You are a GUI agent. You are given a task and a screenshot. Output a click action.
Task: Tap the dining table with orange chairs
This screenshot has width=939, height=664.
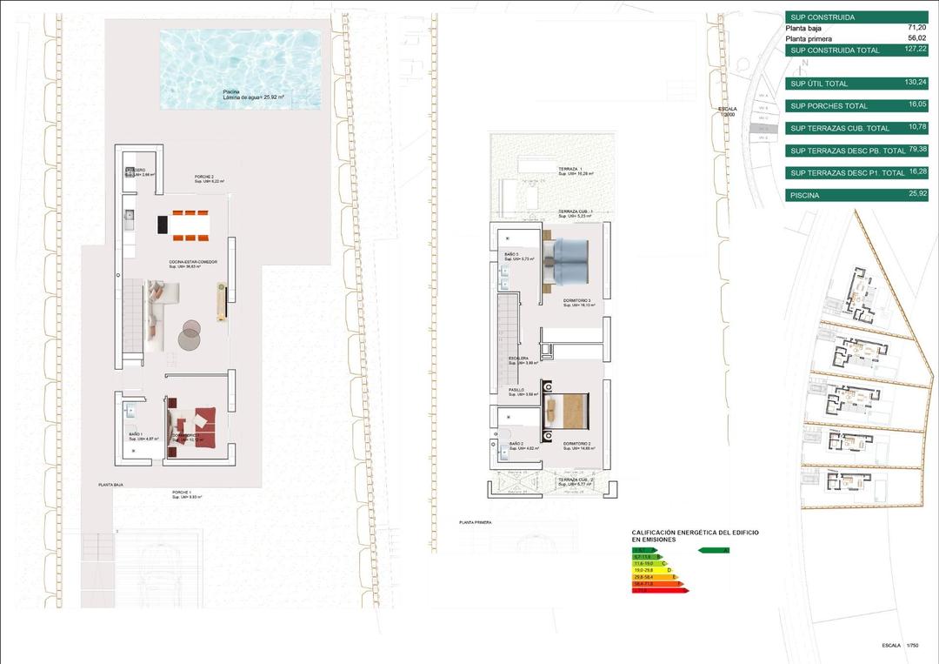pos(183,223)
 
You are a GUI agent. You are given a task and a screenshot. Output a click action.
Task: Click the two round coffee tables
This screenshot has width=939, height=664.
pos(190,333)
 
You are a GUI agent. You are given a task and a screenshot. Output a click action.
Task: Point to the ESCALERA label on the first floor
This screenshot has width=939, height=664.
pos(520,359)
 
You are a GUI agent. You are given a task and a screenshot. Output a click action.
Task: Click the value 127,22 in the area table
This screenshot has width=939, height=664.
pos(914,50)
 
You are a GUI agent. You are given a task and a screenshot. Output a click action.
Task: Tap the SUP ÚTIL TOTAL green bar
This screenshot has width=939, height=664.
pos(856,84)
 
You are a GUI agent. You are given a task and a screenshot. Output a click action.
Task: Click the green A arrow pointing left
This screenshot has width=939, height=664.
pos(714,550)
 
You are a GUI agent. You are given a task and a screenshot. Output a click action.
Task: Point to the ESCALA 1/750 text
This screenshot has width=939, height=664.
pos(900,646)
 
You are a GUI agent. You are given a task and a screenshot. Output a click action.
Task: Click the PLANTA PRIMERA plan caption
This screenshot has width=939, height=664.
pos(476,523)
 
